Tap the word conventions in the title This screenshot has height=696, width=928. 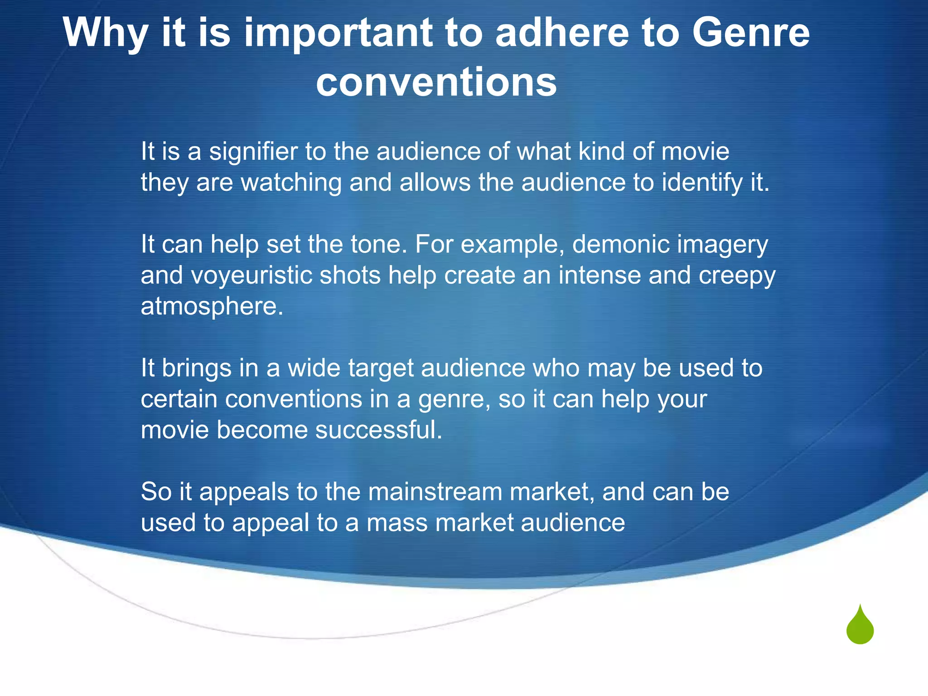(436, 82)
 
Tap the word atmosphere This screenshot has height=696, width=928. (212, 307)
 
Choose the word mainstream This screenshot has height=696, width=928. (435, 492)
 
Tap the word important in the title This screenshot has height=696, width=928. (338, 33)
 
